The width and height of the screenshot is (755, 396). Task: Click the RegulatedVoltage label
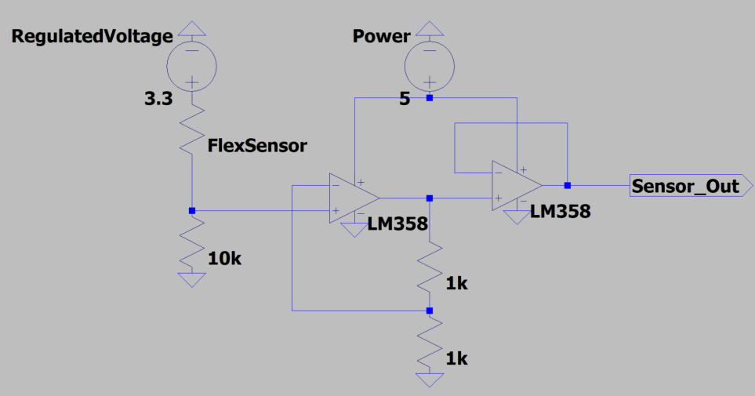point(92,37)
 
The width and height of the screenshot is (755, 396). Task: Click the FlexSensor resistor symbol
point(191,129)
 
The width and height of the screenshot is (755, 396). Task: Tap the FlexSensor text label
point(257,145)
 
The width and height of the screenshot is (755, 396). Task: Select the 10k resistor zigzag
point(191,243)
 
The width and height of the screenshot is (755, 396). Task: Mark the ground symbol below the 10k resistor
point(191,280)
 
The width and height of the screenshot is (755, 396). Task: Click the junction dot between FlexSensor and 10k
point(191,210)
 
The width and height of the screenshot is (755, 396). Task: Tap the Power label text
point(381,37)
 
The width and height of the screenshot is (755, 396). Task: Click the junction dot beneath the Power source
point(429,99)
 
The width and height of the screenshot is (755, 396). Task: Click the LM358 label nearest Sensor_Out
point(560,211)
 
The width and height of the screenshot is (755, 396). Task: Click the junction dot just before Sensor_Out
point(567,186)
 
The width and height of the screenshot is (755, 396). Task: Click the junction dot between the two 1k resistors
point(429,311)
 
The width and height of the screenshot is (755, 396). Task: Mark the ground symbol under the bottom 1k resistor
point(429,380)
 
